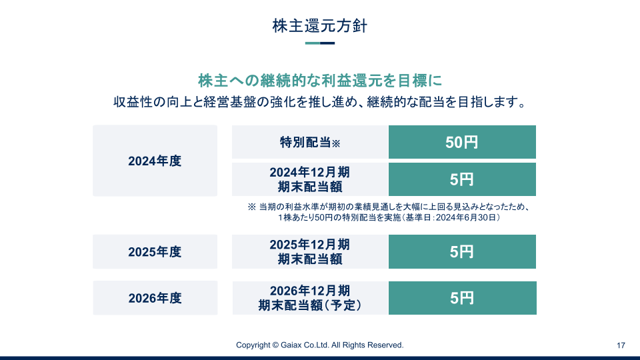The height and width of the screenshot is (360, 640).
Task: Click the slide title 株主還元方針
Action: [x=320, y=26]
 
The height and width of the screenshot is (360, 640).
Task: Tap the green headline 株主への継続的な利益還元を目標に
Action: [x=320, y=81]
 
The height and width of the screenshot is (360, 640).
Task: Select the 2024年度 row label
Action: [x=155, y=161]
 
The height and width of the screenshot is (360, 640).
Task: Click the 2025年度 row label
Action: [x=155, y=252]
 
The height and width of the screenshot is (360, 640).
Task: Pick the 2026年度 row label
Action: [x=155, y=298]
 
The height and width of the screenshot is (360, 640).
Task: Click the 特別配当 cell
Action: [x=310, y=142]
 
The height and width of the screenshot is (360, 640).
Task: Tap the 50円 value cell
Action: [x=462, y=142]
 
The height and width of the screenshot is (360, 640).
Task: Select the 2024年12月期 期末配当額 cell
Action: [x=310, y=179]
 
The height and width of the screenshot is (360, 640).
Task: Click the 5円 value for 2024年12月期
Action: [x=462, y=179]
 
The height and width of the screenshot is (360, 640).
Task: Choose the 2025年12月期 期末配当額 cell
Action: [x=310, y=252]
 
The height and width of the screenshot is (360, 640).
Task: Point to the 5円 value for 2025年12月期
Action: [x=462, y=252]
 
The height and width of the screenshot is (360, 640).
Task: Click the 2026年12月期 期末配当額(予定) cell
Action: [x=310, y=298]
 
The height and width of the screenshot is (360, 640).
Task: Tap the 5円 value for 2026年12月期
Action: [x=463, y=298]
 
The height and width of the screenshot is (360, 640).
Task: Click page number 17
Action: [x=621, y=346]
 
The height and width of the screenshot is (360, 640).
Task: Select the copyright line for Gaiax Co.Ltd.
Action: [x=320, y=345]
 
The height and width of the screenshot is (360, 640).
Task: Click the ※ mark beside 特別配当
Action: [x=336, y=143]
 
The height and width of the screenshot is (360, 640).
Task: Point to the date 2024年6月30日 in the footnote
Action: [x=466, y=217]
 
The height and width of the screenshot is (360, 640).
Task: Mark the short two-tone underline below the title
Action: [x=320, y=43]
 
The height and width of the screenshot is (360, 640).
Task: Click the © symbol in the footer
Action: [x=275, y=345]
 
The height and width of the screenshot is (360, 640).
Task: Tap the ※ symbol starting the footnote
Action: [x=252, y=207]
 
